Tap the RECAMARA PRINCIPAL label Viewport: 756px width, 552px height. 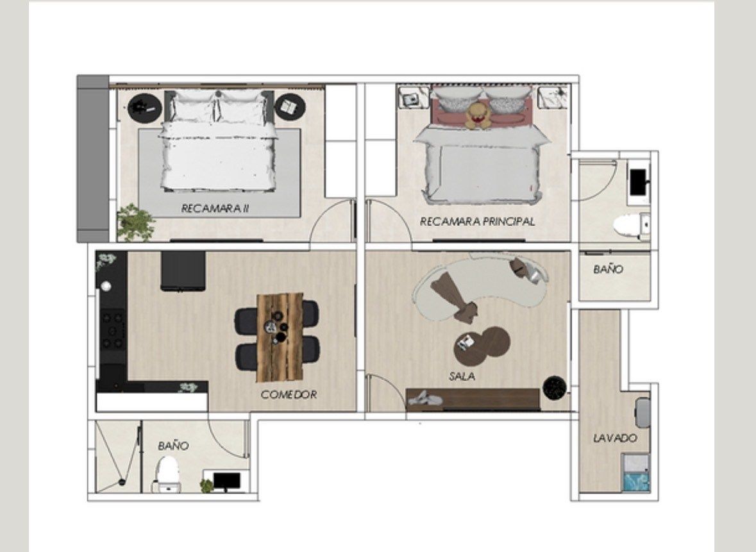[x=477, y=222]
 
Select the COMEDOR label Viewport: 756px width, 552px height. [x=289, y=395]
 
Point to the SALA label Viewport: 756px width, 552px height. [x=462, y=376]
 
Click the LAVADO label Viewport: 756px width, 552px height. [x=615, y=439]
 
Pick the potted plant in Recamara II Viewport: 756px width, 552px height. [x=137, y=222]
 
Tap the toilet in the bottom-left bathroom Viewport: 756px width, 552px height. [x=168, y=474]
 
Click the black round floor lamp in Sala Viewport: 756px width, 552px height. [x=555, y=388]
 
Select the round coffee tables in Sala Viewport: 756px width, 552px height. [x=482, y=343]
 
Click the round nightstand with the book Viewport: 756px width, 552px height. [x=290, y=108]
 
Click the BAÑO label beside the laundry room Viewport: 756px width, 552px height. [x=609, y=269]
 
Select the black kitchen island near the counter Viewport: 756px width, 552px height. [x=183, y=271]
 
